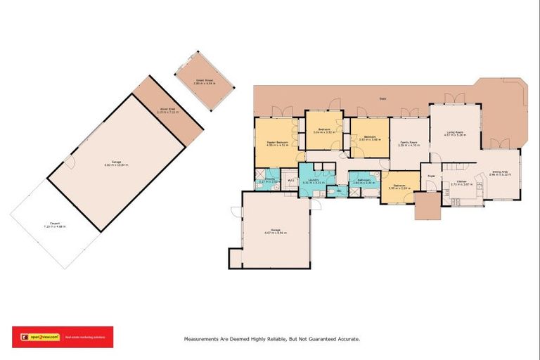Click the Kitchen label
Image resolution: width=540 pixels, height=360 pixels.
(x=462, y=181)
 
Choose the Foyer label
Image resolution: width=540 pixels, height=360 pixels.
(x=430, y=176)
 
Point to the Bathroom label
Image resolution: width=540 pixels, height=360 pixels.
(x=364, y=180)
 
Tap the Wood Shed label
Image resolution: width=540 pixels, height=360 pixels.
(x=167, y=109)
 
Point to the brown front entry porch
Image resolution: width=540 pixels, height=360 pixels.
(x=426, y=206)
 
